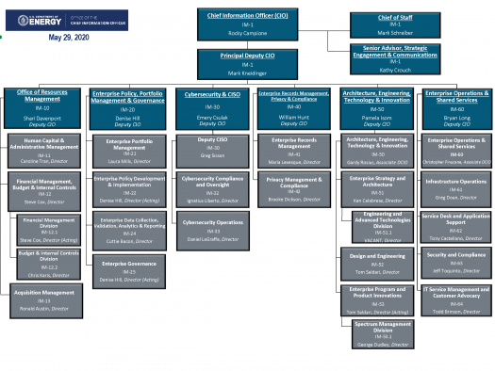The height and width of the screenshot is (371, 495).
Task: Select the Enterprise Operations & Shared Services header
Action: coord(456,105)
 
